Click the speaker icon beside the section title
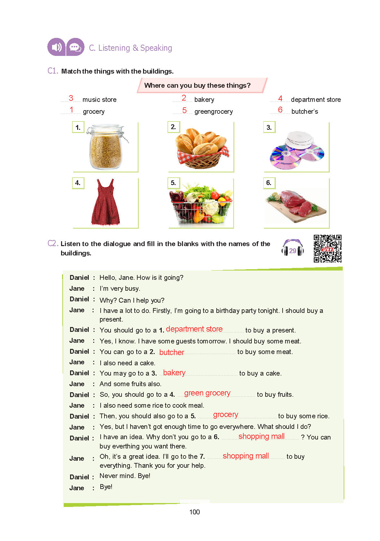pyautogui.click(x=56, y=47)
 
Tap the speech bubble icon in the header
pyautogui.click(x=75, y=47)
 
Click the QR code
pyautogui.click(x=327, y=248)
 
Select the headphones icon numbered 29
pyautogui.click(x=292, y=248)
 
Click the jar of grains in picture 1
pyautogui.click(x=105, y=147)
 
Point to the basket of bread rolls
pyautogui.click(x=202, y=148)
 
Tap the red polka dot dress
pyautogui.click(x=105, y=202)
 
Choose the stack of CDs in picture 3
pyautogui.click(x=297, y=149)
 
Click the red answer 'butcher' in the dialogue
pyautogui.click(x=172, y=352)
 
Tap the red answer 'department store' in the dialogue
pyautogui.click(x=194, y=329)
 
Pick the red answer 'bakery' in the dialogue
pyautogui.click(x=174, y=373)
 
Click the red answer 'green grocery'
pyautogui.click(x=207, y=393)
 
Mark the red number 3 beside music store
pyautogui.click(x=71, y=98)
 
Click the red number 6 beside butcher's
pyautogui.click(x=280, y=110)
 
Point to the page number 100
pyautogui.click(x=195, y=512)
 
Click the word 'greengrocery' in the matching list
pyautogui.click(x=213, y=111)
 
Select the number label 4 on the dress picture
pyautogui.click(x=78, y=183)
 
